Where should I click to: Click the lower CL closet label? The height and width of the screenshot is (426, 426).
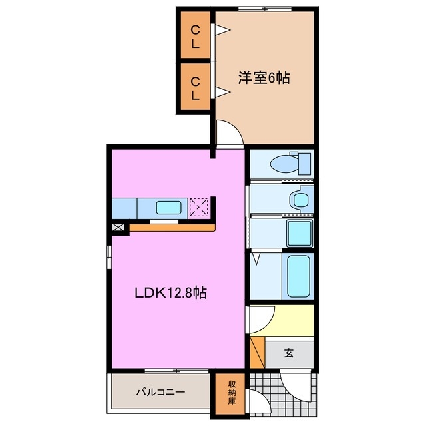click(x=195, y=88)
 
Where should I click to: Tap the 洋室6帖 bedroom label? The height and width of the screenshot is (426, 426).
click(x=264, y=78)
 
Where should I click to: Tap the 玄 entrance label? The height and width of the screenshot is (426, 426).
click(x=289, y=353)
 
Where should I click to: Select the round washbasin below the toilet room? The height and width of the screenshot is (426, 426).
click(x=298, y=199)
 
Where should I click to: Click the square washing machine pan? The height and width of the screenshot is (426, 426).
click(x=298, y=234)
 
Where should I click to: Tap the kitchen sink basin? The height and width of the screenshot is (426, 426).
click(x=167, y=207)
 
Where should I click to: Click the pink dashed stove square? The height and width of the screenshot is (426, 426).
click(x=199, y=207)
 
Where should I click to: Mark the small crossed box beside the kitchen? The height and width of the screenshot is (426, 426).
click(x=118, y=228)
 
